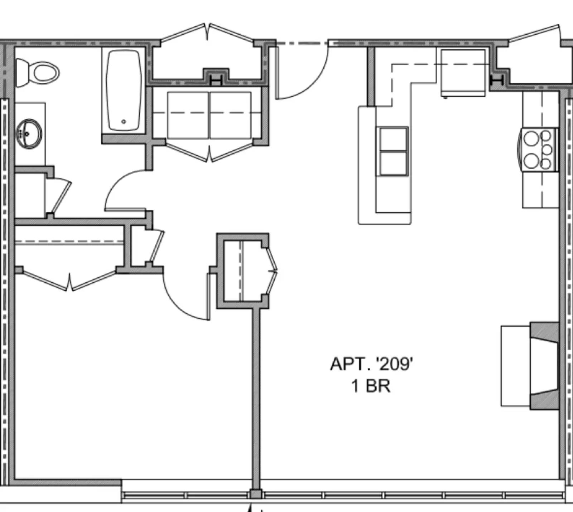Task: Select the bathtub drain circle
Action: click(124, 122)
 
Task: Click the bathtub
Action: click(124, 89)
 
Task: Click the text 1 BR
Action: click(371, 386)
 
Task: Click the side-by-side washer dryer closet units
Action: click(209, 114)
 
